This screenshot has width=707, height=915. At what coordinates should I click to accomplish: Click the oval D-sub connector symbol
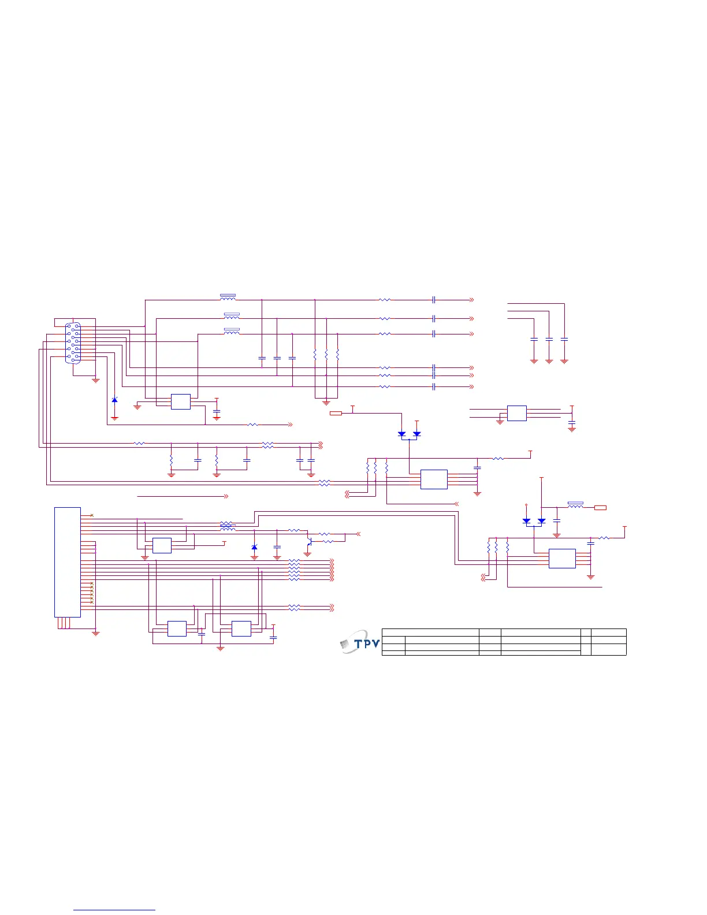tap(73, 343)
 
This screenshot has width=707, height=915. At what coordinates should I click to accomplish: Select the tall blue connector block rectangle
tap(68, 561)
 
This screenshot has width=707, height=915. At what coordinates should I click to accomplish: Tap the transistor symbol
tap(310, 542)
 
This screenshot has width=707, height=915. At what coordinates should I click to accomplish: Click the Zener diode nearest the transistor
tap(254, 547)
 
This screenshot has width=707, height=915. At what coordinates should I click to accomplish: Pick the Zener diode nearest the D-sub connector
tap(114, 400)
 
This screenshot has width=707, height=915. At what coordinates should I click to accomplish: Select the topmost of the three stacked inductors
tap(228, 297)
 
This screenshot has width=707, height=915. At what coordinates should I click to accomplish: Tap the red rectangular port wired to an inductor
tap(601, 508)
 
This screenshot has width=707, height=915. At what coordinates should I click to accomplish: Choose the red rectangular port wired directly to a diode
tap(336, 413)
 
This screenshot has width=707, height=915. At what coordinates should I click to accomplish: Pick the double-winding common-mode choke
tap(228, 526)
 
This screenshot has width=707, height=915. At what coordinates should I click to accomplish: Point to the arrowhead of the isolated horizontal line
tap(226, 496)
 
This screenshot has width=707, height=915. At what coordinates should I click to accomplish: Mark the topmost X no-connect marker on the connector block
tap(92, 515)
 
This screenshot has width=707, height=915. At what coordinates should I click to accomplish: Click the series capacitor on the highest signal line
tap(433, 300)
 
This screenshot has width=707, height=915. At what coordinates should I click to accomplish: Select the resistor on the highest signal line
tap(385, 300)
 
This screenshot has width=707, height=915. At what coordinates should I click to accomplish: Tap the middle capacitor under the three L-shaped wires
tap(549, 340)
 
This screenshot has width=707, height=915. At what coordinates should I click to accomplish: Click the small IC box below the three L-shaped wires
tap(517, 413)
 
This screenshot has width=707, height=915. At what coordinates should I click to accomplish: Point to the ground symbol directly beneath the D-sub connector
tap(96, 380)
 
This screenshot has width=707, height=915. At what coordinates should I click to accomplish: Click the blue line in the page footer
tap(114, 910)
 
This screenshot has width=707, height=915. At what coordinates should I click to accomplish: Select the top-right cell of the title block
tap(609, 632)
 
